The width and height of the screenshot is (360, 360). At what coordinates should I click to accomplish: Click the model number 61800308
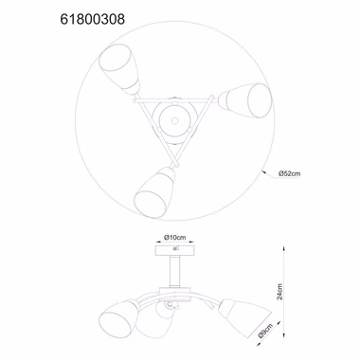click(93, 19)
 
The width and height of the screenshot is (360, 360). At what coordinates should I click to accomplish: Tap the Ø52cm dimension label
click(289, 173)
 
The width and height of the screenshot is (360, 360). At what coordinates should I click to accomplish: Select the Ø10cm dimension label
click(175, 238)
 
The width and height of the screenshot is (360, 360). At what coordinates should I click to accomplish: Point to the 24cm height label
click(279, 291)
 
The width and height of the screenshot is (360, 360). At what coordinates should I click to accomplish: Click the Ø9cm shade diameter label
click(264, 330)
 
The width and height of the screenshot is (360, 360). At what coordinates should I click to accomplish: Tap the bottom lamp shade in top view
click(154, 192)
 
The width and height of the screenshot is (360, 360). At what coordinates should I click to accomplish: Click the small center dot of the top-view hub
click(174, 120)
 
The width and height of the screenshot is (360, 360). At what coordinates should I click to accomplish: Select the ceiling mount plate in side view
click(175, 250)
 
